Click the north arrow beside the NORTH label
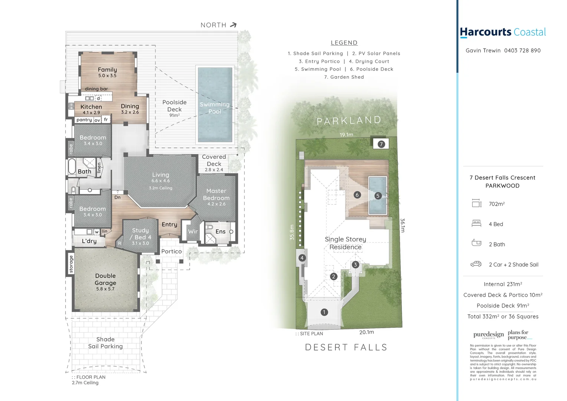point(233,25)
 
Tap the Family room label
point(107,70)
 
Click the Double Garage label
point(105,279)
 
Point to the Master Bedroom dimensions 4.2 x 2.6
point(216,204)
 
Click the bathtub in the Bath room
point(72,166)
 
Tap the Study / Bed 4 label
point(140,234)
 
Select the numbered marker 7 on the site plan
point(381,144)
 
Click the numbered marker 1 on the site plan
point(324,312)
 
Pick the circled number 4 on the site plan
point(302,258)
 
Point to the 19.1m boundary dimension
point(346,135)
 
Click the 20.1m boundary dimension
point(366,332)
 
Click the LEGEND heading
point(344,43)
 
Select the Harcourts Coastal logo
point(503,32)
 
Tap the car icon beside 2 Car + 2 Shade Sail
point(476,264)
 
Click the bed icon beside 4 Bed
point(476,224)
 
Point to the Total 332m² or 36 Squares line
point(503,317)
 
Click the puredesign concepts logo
point(488,335)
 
